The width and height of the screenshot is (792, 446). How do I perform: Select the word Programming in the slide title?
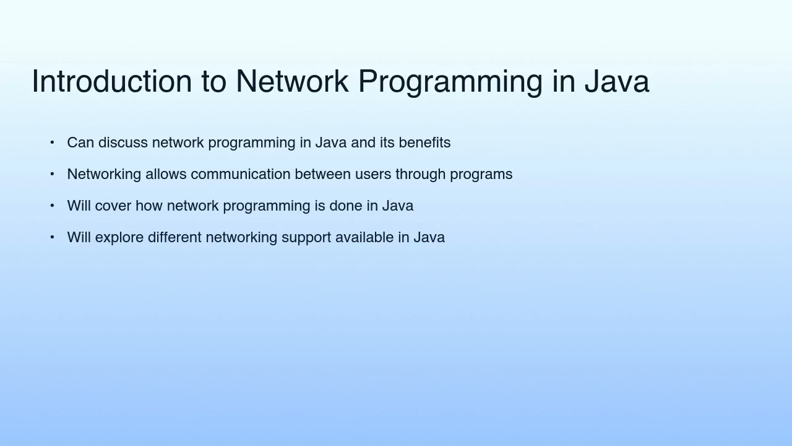pyautogui.click(x=450, y=82)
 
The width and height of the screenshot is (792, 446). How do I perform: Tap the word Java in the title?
pyautogui.click(x=616, y=82)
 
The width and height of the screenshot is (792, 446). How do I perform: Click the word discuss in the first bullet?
pyautogui.click(x=123, y=143)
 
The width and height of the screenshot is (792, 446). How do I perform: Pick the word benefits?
pyautogui.click(x=424, y=143)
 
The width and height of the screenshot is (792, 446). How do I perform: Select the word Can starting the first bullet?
pyautogui.click(x=80, y=143)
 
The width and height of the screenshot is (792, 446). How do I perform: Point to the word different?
pyautogui.click(x=174, y=238)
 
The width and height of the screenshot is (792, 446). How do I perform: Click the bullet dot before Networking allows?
pyautogui.click(x=52, y=174)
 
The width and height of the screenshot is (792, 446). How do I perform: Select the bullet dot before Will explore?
pyautogui.click(x=52, y=237)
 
